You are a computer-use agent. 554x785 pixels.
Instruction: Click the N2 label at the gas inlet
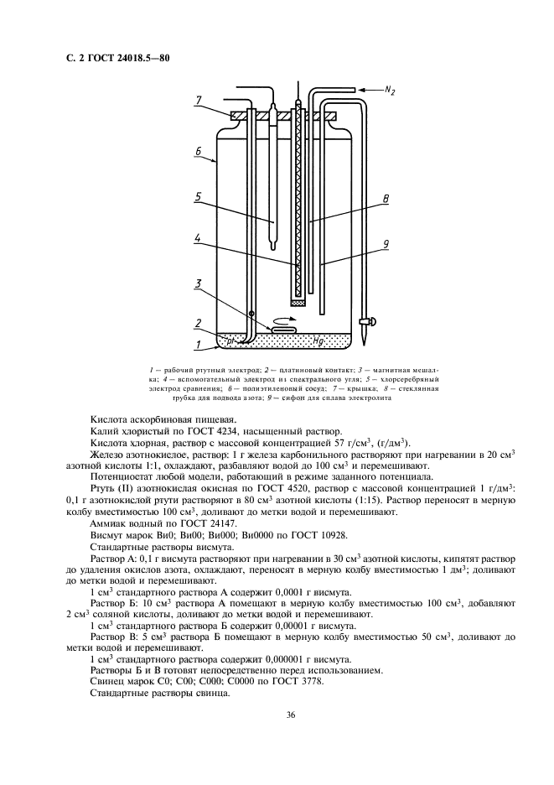click(x=390, y=90)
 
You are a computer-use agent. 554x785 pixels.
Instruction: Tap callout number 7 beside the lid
click(x=199, y=101)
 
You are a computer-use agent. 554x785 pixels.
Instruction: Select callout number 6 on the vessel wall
click(x=198, y=152)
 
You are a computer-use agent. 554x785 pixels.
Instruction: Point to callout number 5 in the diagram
click(x=198, y=197)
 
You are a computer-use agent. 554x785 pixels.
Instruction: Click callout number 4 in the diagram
click(x=198, y=239)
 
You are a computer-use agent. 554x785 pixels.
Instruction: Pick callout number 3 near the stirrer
click(x=199, y=283)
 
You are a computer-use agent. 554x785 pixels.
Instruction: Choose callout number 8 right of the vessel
click(x=385, y=200)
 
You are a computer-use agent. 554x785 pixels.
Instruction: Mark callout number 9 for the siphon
click(x=385, y=244)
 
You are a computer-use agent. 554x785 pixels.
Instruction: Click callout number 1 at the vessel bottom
click(x=198, y=344)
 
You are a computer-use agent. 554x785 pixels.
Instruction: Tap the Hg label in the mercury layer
click(x=318, y=341)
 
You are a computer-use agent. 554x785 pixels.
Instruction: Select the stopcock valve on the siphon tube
click(x=366, y=322)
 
